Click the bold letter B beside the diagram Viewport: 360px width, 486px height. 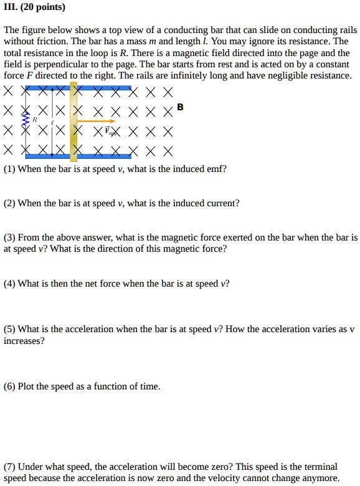(x=180, y=107)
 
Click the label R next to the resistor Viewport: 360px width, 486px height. (x=36, y=118)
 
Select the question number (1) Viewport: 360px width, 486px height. (x=9, y=169)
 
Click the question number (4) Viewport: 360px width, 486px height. (x=9, y=283)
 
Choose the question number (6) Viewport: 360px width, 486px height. (x=9, y=386)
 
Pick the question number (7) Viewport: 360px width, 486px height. (x=9, y=467)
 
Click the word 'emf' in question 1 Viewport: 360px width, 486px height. (x=218, y=169)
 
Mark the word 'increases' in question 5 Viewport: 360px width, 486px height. (x=24, y=341)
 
